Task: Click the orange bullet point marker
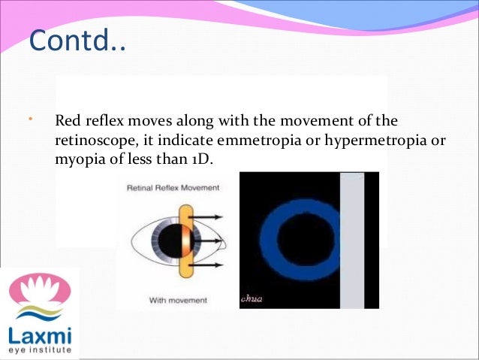tap(30, 120)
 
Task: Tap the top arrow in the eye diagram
tap(212, 218)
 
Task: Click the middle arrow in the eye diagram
tap(213, 241)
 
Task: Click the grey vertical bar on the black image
tap(351, 240)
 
